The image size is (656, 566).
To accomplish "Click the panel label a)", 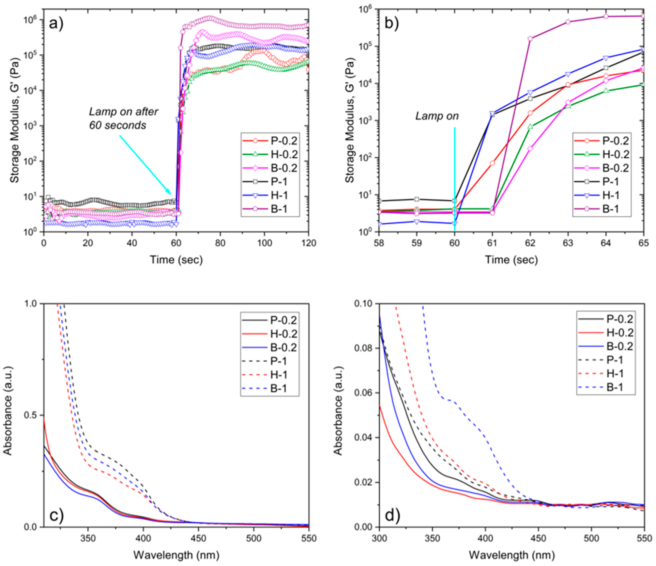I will click(x=56, y=24).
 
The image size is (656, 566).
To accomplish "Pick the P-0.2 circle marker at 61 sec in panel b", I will click(x=492, y=163).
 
